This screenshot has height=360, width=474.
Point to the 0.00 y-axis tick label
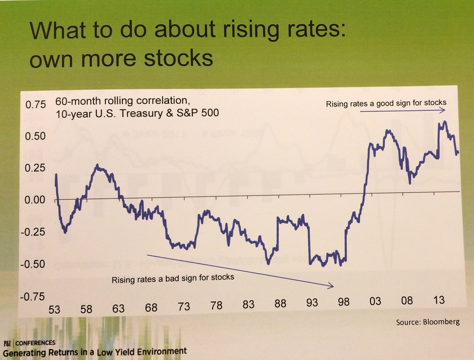click(36, 200)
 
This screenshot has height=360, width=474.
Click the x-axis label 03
click(375, 302)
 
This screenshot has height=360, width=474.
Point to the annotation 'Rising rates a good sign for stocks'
click(386, 103)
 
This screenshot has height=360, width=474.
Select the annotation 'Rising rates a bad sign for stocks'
click(173, 278)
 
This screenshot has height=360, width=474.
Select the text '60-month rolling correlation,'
click(121, 102)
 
